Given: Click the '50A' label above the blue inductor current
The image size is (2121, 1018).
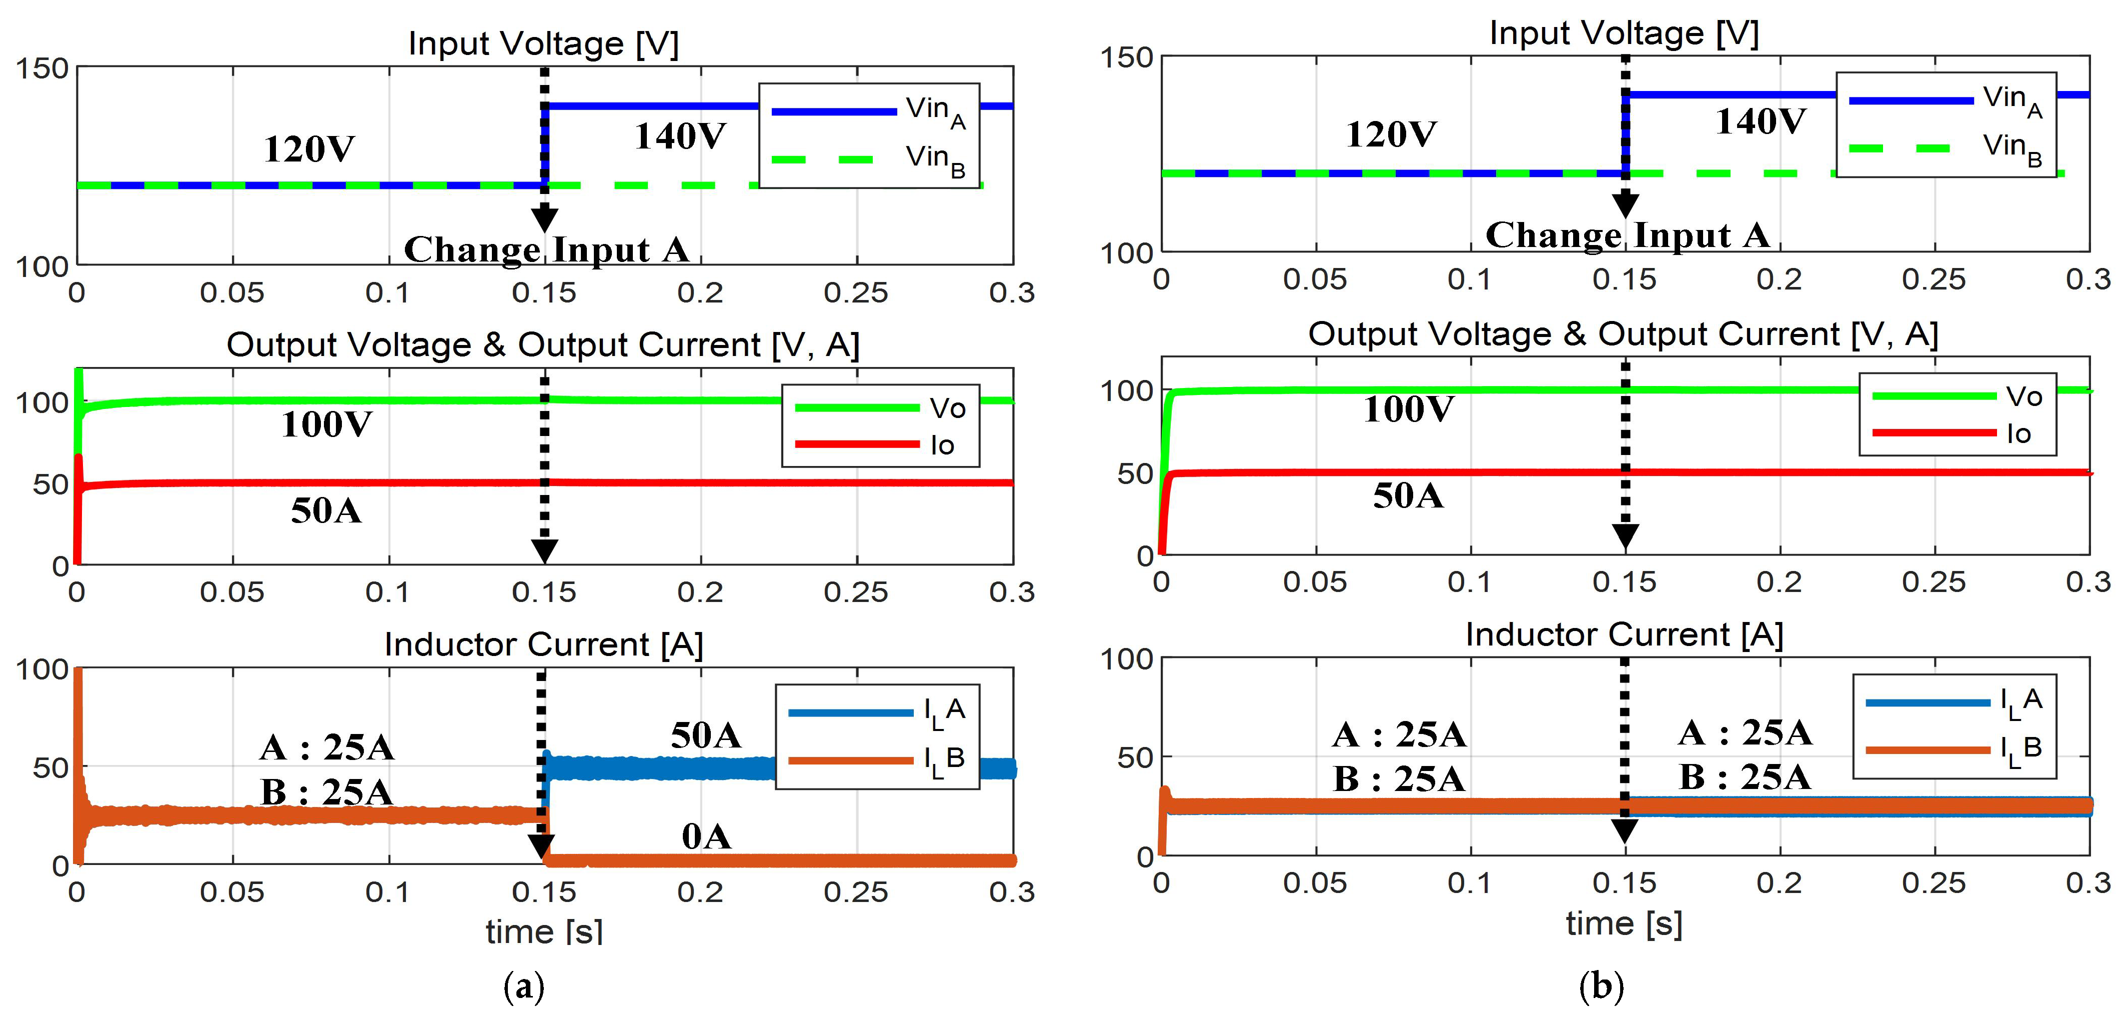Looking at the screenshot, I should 706,734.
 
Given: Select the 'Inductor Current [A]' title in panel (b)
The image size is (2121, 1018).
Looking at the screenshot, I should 1624,634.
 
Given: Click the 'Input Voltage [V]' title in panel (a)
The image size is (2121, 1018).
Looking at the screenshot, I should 543,43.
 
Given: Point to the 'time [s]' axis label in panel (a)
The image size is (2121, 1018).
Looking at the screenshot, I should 543,931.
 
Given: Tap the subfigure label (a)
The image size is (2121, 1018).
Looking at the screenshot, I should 524,986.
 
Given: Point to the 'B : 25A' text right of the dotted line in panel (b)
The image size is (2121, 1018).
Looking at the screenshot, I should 1744,776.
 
